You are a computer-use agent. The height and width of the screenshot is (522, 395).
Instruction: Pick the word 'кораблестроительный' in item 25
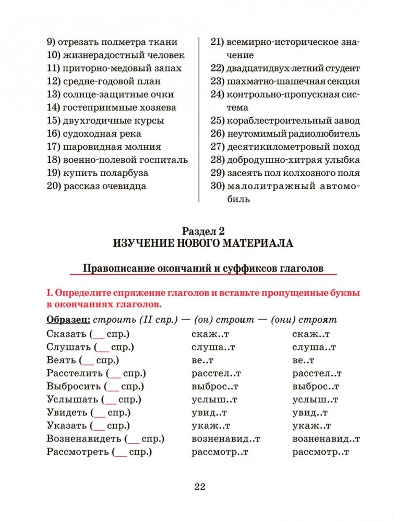tap(270, 120)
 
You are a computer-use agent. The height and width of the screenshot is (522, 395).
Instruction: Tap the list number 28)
tap(217, 160)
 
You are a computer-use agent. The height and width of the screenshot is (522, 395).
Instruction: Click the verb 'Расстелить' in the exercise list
tap(74, 373)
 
